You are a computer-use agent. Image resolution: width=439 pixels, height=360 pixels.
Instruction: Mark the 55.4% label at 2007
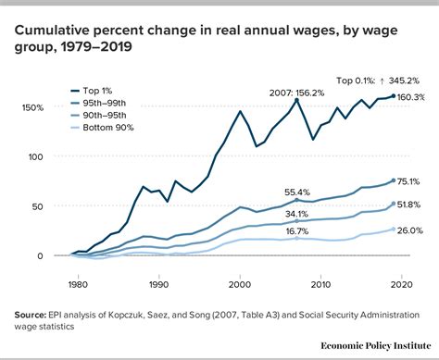pyautogui.click(x=296, y=192)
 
